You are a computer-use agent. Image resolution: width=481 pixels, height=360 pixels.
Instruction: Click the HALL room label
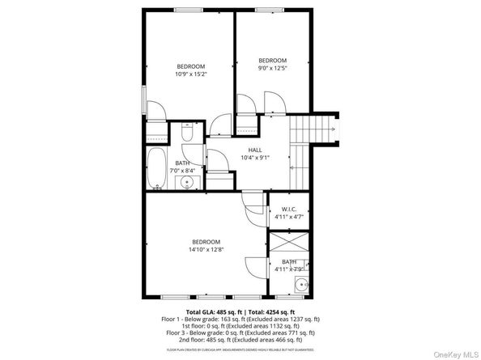click(x=255, y=150)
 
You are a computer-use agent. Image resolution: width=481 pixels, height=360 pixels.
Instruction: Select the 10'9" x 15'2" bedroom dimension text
click(x=191, y=74)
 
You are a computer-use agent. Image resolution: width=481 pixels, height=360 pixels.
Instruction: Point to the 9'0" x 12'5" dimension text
click(x=272, y=68)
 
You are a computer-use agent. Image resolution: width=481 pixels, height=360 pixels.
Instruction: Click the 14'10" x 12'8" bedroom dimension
click(x=206, y=249)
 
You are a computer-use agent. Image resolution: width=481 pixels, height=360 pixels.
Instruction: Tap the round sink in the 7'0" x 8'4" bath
click(x=187, y=181)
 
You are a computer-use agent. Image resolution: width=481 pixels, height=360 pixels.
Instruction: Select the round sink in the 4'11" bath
click(x=302, y=284)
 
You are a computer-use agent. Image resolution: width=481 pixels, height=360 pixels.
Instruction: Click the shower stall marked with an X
click(x=288, y=245)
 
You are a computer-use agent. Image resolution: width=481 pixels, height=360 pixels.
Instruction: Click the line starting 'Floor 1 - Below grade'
click(x=240, y=319)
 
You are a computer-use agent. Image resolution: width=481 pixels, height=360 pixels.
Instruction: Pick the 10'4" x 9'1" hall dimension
click(x=255, y=157)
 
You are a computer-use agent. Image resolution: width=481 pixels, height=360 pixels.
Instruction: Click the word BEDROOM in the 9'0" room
click(x=272, y=61)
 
